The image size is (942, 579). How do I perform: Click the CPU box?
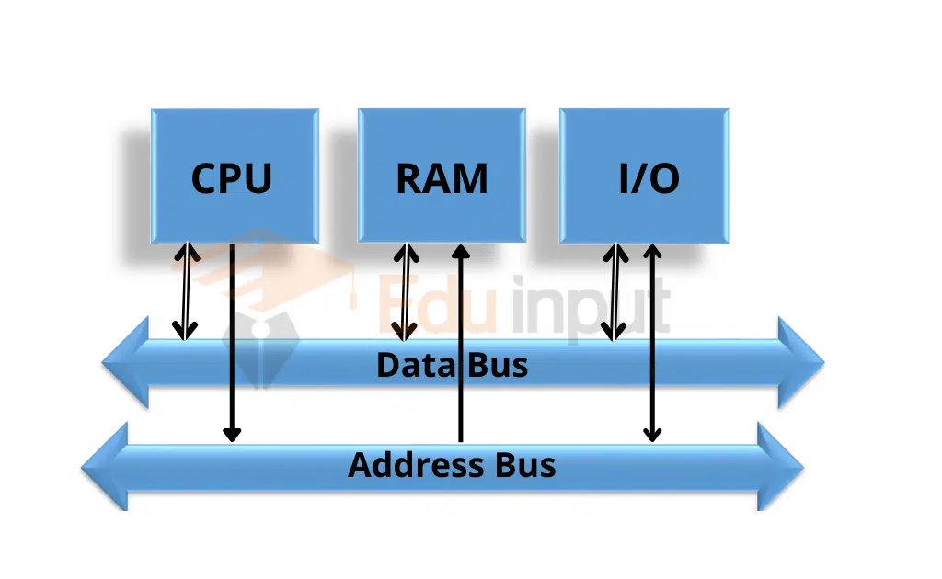point(234,176)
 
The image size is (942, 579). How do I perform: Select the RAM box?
point(442,176)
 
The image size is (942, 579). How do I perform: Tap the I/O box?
point(644,176)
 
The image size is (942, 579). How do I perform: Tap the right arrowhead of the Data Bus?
point(799,362)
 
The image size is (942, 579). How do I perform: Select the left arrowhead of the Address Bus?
point(106,467)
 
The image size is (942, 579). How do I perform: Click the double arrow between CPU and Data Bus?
point(187,290)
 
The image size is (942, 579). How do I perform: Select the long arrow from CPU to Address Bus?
point(232,340)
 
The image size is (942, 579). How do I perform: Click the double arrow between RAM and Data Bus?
point(403,290)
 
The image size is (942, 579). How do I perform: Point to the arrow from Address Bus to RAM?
point(460,340)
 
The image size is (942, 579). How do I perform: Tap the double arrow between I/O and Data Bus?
point(614,290)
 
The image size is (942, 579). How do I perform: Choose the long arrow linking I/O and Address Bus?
point(652,340)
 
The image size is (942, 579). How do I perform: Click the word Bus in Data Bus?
point(499,365)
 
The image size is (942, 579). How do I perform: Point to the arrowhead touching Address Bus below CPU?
point(232,433)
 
